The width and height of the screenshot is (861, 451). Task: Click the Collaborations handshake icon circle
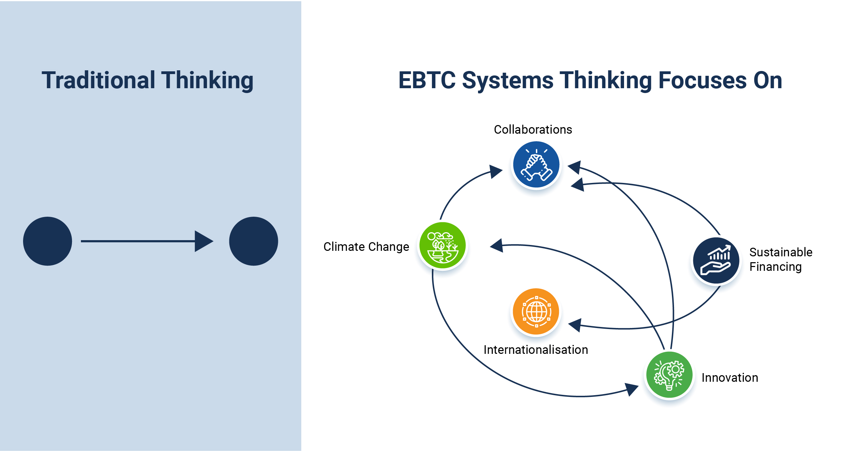click(x=536, y=164)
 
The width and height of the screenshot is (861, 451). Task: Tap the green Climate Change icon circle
click(x=443, y=245)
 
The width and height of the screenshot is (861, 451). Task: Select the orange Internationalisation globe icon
click(x=536, y=311)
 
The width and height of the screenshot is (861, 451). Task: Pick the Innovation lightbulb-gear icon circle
click(x=669, y=375)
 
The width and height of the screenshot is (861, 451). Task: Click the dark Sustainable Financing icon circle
click(x=716, y=260)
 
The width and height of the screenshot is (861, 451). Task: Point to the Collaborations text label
click(x=533, y=130)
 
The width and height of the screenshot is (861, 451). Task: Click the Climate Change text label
click(x=366, y=247)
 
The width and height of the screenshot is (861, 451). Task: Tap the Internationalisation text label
click(x=536, y=350)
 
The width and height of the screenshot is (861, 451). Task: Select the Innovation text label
click(x=730, y=378)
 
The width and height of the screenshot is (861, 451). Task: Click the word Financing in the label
click(x=776, y=267)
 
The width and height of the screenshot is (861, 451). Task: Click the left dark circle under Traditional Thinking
click(x=48, y=241)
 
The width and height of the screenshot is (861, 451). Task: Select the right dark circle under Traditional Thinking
click(x=253, y=241)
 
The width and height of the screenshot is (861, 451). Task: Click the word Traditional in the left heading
click(x=98, y=80)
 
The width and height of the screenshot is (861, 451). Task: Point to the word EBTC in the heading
click(x=427, y=80)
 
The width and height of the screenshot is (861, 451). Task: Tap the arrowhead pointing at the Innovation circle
click(x=631, y=389)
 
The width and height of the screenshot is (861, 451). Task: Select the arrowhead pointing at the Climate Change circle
click(x=497, y=246)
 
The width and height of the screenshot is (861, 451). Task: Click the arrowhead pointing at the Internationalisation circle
click(x=575, y=325)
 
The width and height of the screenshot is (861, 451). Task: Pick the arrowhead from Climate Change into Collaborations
click(x=496, y=171)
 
